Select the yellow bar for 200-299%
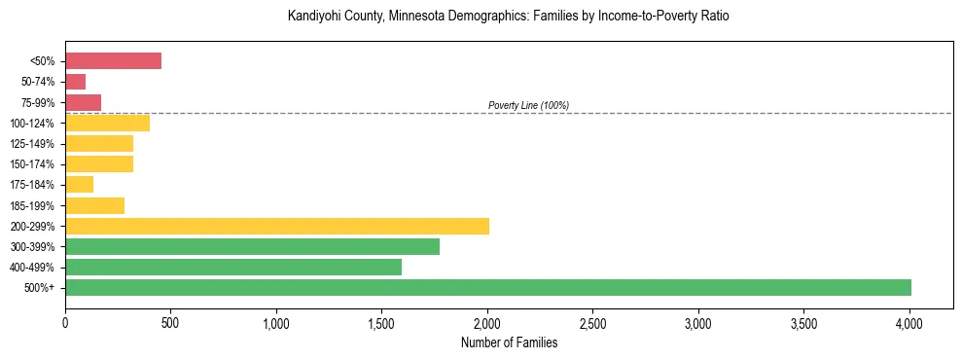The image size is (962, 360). coord(277,226)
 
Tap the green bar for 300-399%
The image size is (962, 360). coord(252,246)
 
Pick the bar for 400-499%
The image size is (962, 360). coord(233,267)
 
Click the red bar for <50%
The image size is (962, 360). coord(113,60)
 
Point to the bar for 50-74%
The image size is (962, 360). coord(76,82)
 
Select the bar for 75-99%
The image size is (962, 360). coord(84,102)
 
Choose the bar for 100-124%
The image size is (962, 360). coord(108,123)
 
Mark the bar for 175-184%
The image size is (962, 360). coord(80,184)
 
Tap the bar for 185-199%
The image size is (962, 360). coord(95,205)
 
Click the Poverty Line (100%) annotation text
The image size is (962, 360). coord(528,105)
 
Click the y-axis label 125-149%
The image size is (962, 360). coord(33,144)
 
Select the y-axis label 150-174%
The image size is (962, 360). coord(33,164)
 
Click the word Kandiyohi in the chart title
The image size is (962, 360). coord(312,17)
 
